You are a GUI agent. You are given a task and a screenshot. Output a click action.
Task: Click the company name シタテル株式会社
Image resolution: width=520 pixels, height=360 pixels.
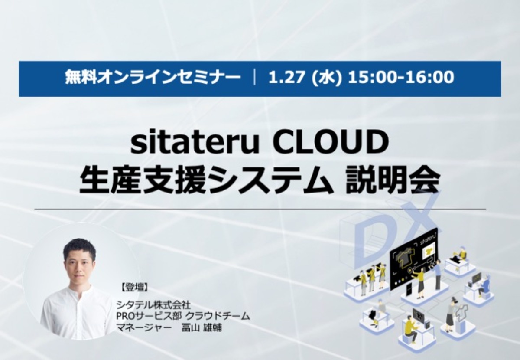pyautogui.click(x=154, y=304)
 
